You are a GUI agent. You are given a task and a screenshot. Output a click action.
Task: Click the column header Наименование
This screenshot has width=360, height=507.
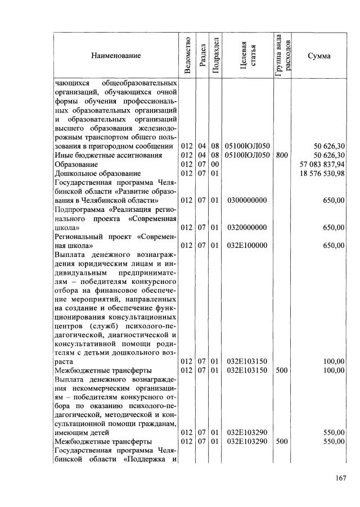118,56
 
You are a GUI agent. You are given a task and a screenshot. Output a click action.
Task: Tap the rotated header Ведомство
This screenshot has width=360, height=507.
187,55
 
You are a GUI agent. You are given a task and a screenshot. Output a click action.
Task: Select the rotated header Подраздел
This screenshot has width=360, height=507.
214,55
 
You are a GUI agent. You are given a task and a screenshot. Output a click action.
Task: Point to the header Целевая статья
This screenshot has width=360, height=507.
247,55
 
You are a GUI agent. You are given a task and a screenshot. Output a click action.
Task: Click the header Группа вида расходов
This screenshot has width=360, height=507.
282,55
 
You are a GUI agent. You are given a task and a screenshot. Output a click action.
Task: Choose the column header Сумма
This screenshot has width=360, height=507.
319,56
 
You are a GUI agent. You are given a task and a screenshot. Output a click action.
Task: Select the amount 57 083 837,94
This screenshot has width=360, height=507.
322,164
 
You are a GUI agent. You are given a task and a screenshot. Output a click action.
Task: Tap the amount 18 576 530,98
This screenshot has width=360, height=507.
322,174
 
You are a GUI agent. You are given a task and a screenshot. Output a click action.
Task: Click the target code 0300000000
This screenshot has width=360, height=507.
247,200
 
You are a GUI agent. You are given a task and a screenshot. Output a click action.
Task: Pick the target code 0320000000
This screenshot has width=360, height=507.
247,228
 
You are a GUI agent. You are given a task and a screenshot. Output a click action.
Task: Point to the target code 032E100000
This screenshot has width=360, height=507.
247,246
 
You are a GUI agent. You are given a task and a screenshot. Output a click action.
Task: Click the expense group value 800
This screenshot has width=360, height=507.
282,155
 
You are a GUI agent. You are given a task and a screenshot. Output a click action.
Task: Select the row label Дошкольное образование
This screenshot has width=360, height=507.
93,174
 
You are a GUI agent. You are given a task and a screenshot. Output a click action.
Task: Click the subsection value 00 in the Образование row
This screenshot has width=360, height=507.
214,164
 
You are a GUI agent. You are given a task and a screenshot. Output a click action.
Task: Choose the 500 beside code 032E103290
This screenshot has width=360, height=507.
282,442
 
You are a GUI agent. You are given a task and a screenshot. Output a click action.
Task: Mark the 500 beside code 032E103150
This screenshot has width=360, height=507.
282,371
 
